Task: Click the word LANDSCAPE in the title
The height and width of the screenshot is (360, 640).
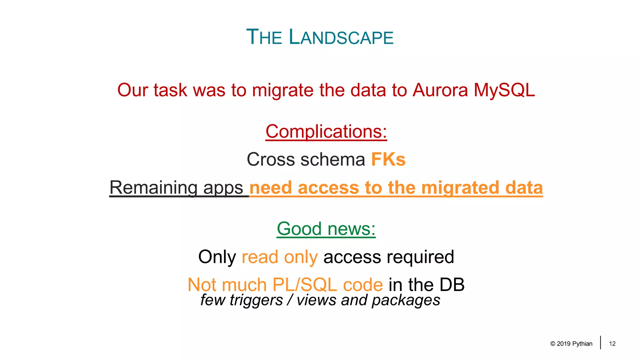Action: tap(341, 37)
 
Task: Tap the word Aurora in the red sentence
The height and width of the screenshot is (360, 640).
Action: tap(440, 90)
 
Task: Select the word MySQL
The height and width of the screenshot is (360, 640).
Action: tap(504, 90)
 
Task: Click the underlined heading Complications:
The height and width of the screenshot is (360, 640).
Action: tap(326, 132)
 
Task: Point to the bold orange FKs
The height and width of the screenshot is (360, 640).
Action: tap(388, 159)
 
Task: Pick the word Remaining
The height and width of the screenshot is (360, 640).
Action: tap(153, 187)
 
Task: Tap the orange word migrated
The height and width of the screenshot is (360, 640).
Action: tap(460, 187)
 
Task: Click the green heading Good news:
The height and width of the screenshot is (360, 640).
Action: tap(326, 229)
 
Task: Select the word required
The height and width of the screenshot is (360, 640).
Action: tap(420, 257)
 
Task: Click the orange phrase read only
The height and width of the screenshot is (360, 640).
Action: tap(280, 257)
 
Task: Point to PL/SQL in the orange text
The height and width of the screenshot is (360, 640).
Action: tap(305, 285)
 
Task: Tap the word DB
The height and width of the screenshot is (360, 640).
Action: tap(452, 285)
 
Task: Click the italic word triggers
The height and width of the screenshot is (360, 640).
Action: tap(256, 300)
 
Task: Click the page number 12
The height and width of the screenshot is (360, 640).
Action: tap(612, 344)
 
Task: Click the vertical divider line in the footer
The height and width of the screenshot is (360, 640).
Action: tap(601, 342)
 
